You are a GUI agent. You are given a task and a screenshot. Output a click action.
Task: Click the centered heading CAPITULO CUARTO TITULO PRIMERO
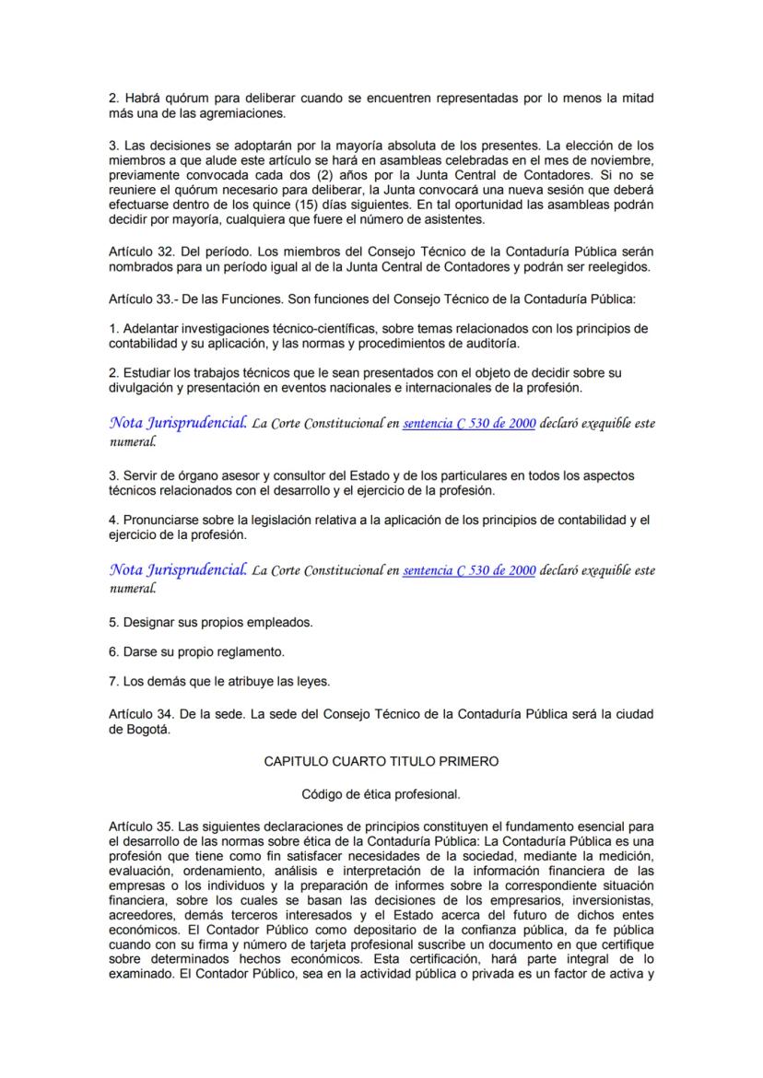381,762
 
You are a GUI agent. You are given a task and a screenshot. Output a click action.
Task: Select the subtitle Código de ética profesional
381,793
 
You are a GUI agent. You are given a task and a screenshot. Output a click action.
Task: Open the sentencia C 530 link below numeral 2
469,424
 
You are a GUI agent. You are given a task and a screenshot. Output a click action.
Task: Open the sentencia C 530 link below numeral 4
469,570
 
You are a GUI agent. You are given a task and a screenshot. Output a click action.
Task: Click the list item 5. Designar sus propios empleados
210,622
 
